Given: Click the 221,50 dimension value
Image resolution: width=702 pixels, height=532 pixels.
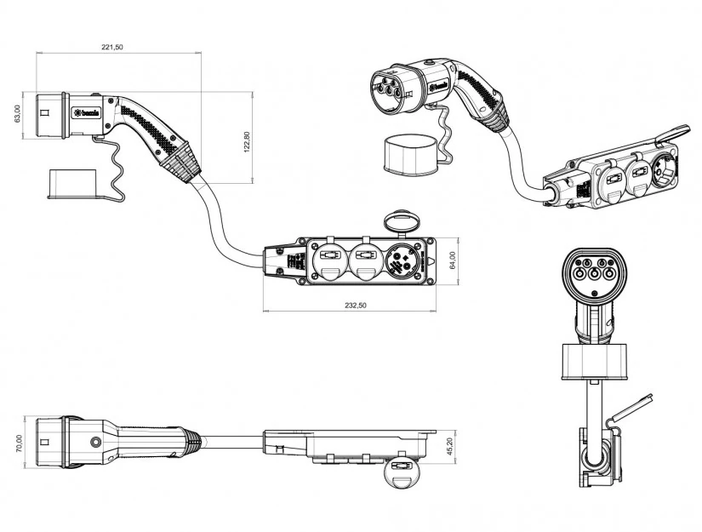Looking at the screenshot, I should click(112, 48).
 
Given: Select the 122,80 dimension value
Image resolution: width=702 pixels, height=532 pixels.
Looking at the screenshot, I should click(247, 140).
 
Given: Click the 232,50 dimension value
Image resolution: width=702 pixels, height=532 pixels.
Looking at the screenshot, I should click(351, 305).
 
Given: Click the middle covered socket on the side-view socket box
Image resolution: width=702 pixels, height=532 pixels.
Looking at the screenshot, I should click(364, 260).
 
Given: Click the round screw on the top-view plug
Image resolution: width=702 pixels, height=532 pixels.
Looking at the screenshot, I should click(95, 443).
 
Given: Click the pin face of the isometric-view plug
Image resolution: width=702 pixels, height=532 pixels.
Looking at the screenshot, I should click(391, 87).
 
